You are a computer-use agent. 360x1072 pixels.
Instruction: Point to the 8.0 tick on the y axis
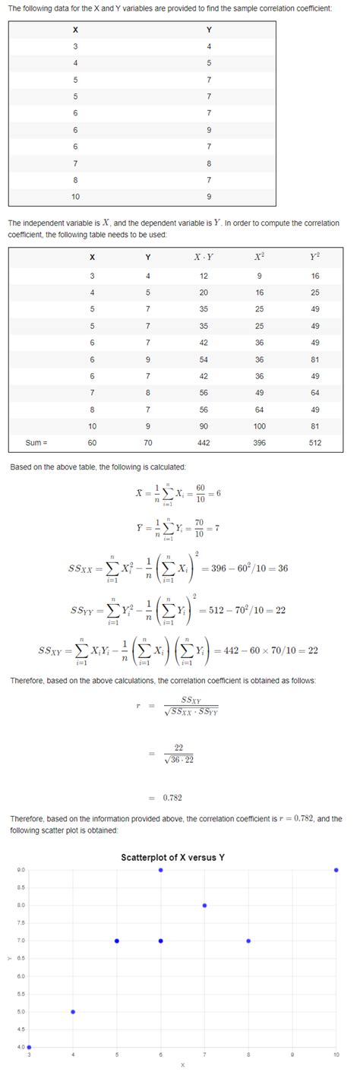[x=21, y=905]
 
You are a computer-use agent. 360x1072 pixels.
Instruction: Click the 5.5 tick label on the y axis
[x=21, y=994]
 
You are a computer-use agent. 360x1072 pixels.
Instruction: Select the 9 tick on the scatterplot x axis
[x=292, y=1055]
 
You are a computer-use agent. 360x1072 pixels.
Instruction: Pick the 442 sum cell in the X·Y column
[x=204, y=442]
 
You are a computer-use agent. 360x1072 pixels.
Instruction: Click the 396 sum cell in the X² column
[x=260, y=442]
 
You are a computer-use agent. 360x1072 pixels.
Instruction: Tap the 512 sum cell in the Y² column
[x=315, y=442]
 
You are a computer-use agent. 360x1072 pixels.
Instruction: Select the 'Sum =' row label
[x=36, y=442]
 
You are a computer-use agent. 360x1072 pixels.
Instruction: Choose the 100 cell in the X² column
[x=260, y=426]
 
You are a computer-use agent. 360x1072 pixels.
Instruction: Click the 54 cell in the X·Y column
[x=204, y=359]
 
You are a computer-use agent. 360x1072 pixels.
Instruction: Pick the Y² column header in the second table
[x=315, y=256]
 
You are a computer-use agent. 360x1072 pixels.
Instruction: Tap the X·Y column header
[x=204, y=256]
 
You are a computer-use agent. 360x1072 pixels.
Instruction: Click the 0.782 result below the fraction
[x=172, y=798]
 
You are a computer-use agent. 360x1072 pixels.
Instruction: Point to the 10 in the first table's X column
[x=74, y=197]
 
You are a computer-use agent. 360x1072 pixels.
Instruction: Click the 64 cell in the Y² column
[x=315, y=392]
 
